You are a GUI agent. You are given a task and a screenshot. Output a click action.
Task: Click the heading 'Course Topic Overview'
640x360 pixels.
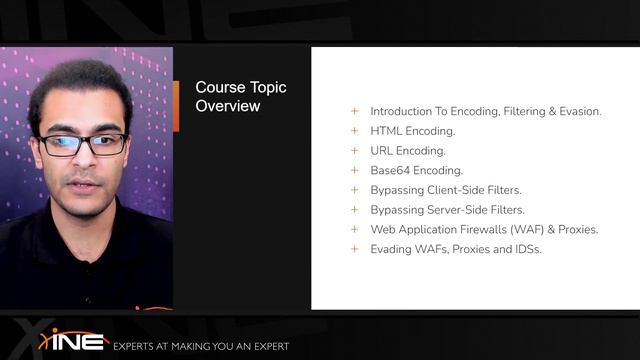[240, 96]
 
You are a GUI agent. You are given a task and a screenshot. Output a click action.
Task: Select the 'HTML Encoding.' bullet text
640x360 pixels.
[412, 131]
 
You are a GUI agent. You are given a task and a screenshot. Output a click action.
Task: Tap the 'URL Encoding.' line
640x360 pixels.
[407, 151]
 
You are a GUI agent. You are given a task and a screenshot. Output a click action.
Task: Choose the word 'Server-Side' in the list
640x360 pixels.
[457, 210]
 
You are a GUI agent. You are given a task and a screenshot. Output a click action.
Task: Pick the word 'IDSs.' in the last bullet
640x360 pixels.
[526, 249]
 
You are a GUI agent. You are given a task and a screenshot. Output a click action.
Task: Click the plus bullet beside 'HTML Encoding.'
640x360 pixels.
[354, 131]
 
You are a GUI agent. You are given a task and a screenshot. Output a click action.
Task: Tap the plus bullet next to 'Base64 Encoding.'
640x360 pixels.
[354, 170]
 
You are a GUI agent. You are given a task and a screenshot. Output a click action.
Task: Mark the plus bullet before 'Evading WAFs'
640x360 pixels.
[354, 249]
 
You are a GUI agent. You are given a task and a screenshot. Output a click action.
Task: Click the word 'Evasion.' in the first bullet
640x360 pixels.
[577, 112]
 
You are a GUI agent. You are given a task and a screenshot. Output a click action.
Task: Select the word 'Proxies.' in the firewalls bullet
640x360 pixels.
[576, 229]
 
